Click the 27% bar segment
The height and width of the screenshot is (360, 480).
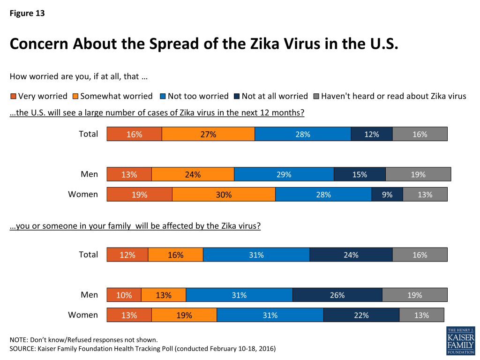pos(208,134)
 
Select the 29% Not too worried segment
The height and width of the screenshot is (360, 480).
pos(284,174)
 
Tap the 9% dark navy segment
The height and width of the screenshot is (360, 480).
pos(387,195)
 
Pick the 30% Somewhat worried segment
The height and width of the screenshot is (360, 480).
pos(224,195)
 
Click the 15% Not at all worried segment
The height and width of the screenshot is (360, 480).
pos(360,174)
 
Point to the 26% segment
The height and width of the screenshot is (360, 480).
pos(337,295)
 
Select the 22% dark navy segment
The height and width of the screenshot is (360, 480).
pos(361,315)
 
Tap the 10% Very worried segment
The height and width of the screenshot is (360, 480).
pos(124,295)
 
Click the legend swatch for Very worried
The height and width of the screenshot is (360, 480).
pos(13,97)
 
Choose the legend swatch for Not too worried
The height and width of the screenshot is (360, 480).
pos(163,97)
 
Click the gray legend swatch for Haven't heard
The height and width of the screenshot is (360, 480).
pos(316,97)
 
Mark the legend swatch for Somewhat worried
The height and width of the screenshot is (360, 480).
pos(75,97)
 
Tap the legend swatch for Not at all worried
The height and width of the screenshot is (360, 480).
pos(237,97)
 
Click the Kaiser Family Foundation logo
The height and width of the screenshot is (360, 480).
pos(461,341)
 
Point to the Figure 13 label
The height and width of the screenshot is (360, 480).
pos(27,13)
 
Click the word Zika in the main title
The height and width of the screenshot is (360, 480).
pos(264,44)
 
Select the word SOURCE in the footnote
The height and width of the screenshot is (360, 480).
pos(22,349)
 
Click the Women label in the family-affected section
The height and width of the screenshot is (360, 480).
pos(83,315)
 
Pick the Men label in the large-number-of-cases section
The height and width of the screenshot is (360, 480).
pos(90,174)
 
